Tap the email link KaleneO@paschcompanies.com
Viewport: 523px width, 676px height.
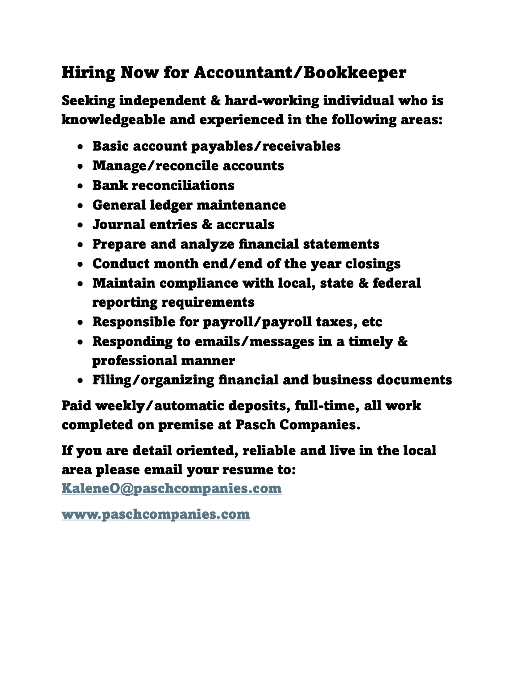pos(171,488)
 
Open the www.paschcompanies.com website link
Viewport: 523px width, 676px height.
pos(156,514)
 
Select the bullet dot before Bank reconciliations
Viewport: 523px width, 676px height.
pos(80,186)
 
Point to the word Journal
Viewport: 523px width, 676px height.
pos(119,224)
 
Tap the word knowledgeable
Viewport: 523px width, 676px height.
pos(114,120)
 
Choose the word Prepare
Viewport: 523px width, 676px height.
pos(119,244)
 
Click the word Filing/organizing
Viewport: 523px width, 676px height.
pos(153,380)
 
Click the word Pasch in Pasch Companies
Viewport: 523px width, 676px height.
pos(255,425)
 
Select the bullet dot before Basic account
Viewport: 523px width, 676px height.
pos(80,147)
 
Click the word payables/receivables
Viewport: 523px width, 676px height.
pos(266,146)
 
